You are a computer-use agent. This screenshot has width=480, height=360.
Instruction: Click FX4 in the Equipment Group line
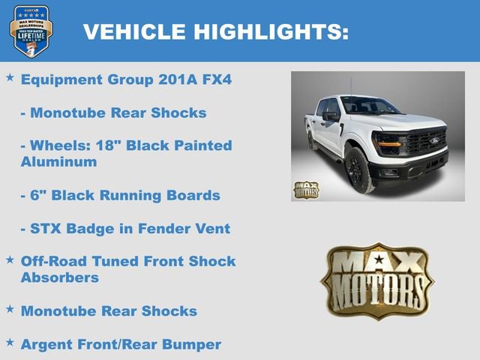tap(215, 79)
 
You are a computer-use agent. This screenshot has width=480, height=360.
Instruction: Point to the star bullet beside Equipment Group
tap(10, 78)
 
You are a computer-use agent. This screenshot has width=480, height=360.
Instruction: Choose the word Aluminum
tap(58, 162)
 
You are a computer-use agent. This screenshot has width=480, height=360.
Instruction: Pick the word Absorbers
tap(60, 277)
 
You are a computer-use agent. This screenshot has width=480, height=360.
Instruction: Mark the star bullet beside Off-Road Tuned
tap(10, 259)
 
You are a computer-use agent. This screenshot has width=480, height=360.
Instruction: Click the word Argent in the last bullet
tap(46, 343)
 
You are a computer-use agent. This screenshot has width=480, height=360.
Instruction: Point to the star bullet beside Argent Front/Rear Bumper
tap(10, 342)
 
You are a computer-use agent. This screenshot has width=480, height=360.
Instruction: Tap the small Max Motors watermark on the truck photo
tap(306, 190)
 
